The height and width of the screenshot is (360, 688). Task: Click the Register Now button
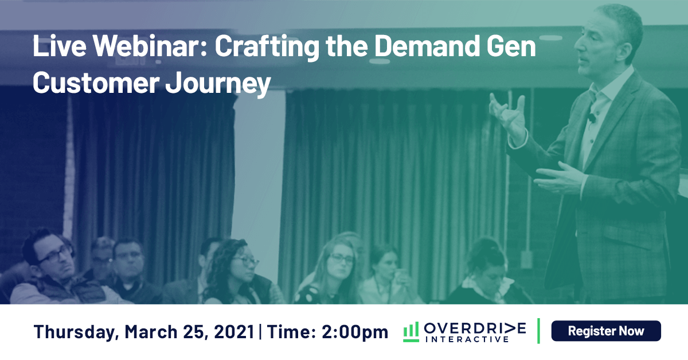(606, 331)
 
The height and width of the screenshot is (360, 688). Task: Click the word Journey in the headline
(218, 84)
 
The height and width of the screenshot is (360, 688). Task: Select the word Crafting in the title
(267, 48)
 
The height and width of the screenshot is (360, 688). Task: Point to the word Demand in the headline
(427, 46)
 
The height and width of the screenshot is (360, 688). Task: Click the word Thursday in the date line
(76, 332)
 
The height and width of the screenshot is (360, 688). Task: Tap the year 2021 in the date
(234, 332)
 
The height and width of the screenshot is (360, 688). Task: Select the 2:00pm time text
(355, 332)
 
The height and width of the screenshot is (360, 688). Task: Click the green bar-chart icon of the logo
(411, 332)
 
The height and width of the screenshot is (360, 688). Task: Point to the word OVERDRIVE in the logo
(475, 328)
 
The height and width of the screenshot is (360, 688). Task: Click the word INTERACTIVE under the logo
(467, 339)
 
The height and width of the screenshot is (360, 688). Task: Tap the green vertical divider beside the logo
(539, 331)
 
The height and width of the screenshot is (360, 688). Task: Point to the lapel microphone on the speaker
(591, 117)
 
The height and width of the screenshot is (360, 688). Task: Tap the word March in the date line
(151, 332)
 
